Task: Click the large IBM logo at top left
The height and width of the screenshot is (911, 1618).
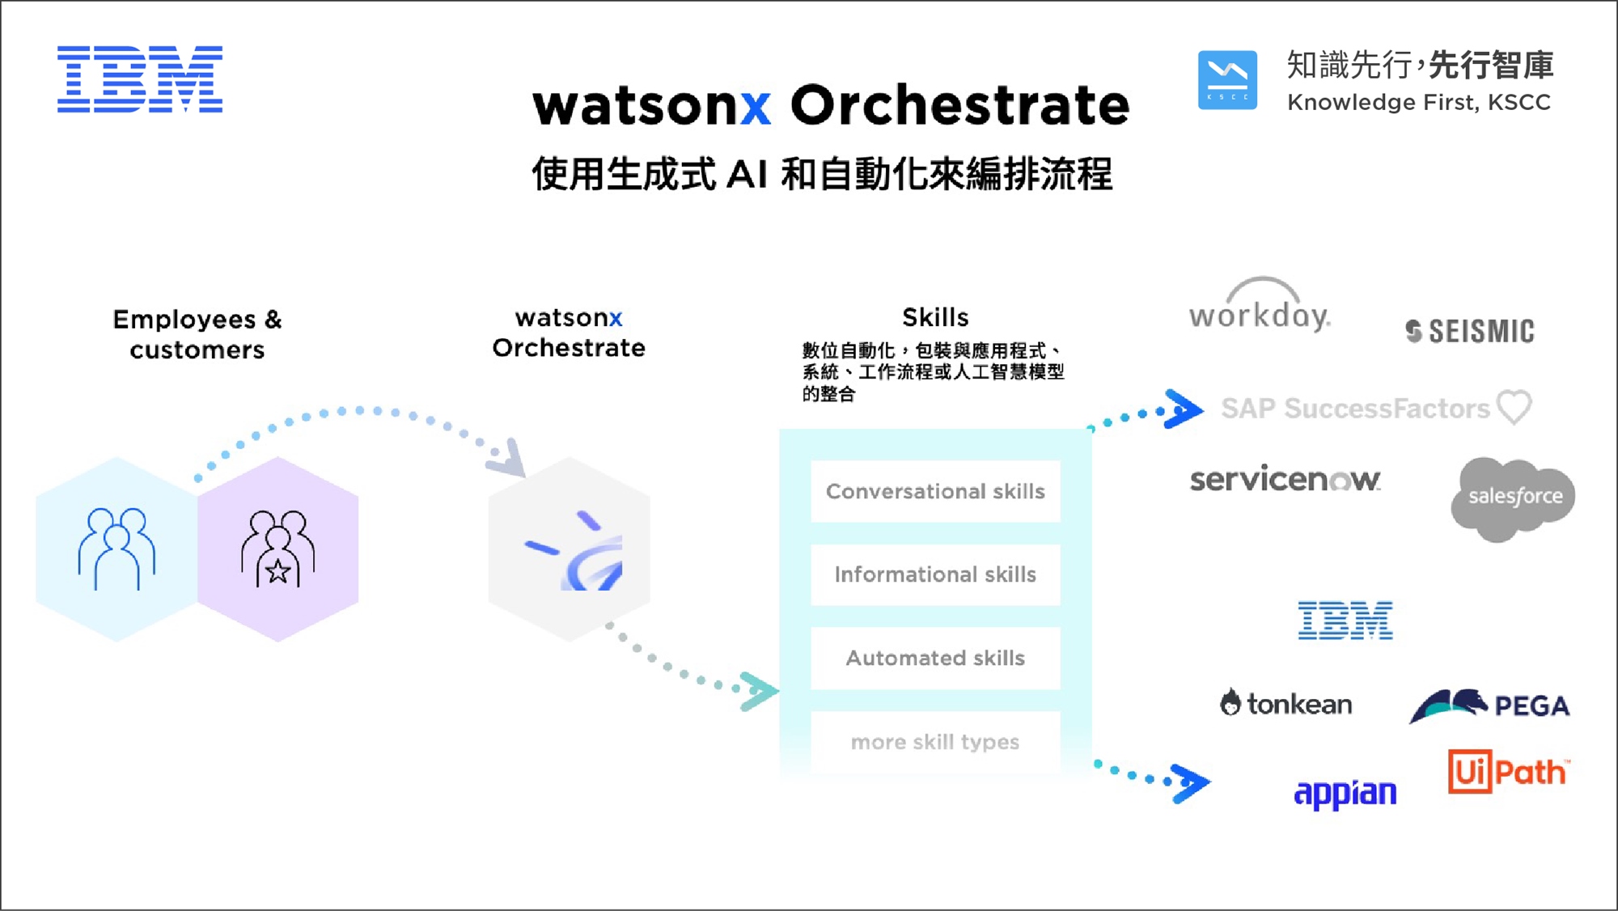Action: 140,79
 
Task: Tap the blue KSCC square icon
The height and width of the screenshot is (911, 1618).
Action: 1227,80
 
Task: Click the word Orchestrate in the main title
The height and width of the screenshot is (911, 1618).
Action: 959,105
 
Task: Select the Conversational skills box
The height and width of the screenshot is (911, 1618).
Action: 935,491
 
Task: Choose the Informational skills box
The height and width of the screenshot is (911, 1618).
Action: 935,574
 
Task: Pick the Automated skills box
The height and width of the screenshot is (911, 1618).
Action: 935,658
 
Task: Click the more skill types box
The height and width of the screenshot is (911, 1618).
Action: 935,742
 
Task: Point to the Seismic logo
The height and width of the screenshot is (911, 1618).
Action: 1470,331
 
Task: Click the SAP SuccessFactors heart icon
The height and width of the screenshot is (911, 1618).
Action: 1514,406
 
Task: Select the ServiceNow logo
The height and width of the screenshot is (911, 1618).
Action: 1285,480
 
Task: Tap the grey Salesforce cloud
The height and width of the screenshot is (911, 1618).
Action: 1513,498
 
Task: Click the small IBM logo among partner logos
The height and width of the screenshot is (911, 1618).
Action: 1345,621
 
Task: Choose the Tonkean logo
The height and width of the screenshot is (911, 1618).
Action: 1286,703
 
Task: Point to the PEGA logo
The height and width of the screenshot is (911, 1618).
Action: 1489,705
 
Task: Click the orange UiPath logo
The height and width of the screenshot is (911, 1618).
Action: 1509,772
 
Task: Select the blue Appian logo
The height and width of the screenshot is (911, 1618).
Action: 1345,793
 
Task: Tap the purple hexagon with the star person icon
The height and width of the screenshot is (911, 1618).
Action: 277,549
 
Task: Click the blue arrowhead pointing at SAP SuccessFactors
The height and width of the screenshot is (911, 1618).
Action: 1183,409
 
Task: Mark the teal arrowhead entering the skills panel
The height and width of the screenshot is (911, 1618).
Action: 759,691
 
